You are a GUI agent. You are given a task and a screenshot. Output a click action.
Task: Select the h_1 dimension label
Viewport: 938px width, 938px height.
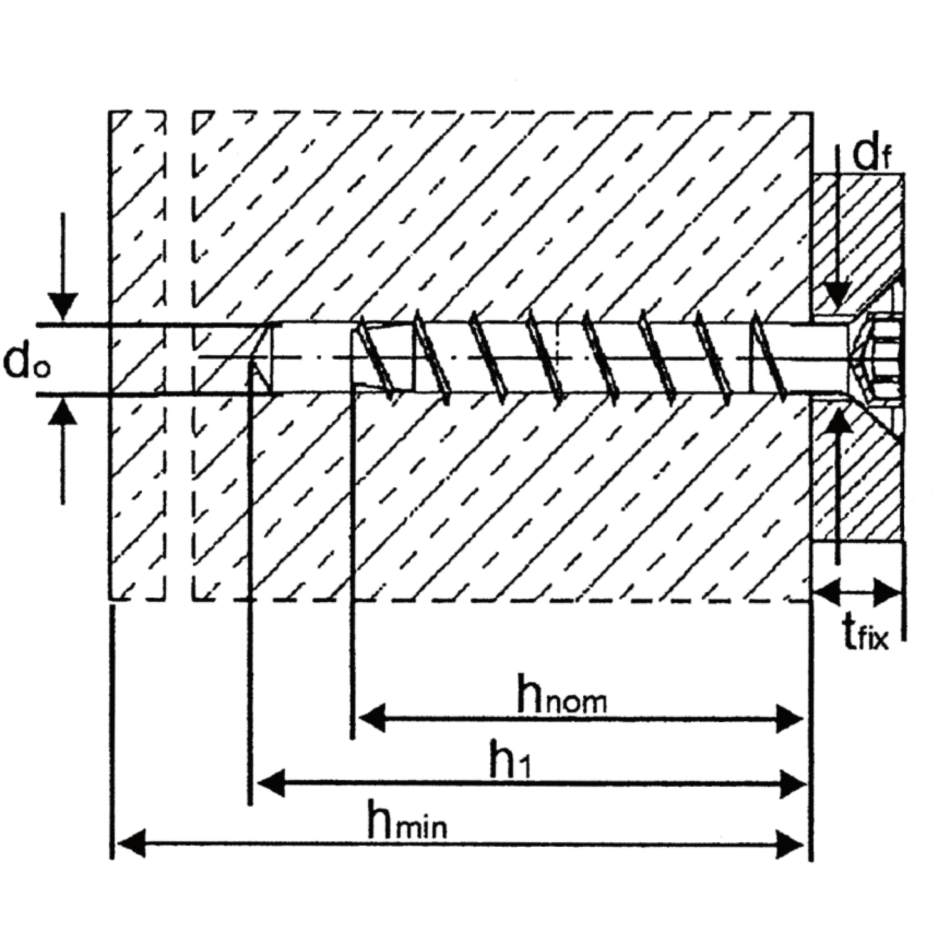(x=510, y=760)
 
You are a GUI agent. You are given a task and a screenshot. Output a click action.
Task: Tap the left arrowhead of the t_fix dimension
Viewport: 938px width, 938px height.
(x=828, y=592)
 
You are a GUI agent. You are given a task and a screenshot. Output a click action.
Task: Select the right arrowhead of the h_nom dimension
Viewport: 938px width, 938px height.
(x=789, y=719)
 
